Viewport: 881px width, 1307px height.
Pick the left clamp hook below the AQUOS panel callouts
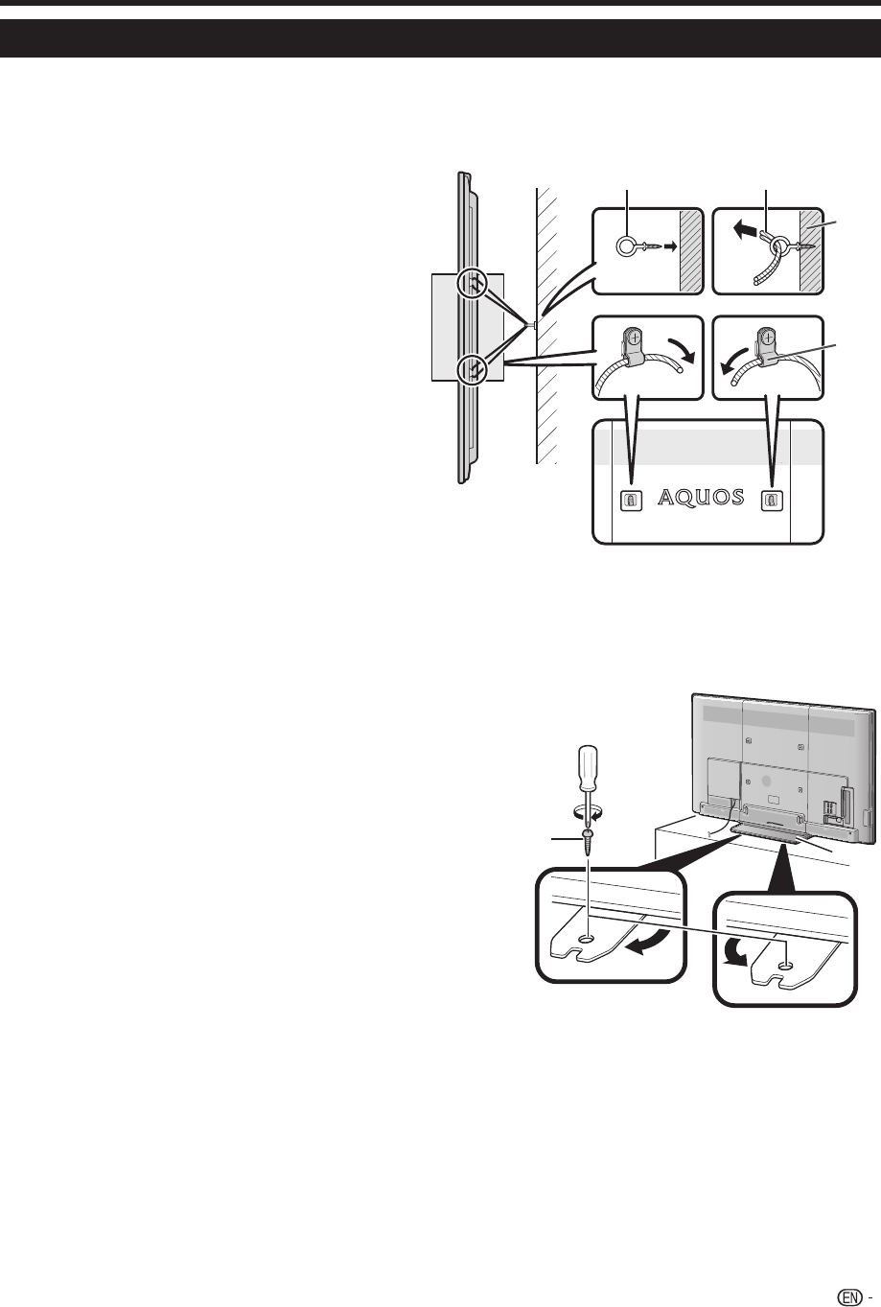click(x=630, y=499)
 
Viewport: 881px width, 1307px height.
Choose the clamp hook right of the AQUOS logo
click(x=772, y=499)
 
